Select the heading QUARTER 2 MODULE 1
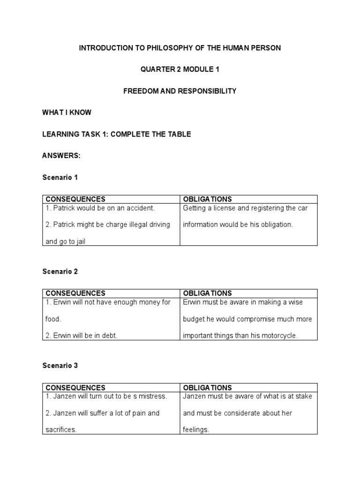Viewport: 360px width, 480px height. coord(180,69)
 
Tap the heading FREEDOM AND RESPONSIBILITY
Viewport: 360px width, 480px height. coord(180,91)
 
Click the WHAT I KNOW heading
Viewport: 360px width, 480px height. coord(67,112)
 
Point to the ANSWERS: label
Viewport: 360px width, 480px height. coord(61,156)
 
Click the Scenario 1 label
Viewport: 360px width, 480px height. coord(60,177)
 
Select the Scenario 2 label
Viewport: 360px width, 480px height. coord(60,271)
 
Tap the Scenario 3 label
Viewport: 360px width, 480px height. coord(60,366)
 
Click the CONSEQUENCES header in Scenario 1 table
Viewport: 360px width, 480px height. coord(75,200)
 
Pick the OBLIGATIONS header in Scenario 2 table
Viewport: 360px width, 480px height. coord(207,293)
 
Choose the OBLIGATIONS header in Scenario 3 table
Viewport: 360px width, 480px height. coord(207,388)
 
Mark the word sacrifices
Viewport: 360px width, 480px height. coord(61,430)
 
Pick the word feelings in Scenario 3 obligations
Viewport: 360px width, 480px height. coord(196,430)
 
